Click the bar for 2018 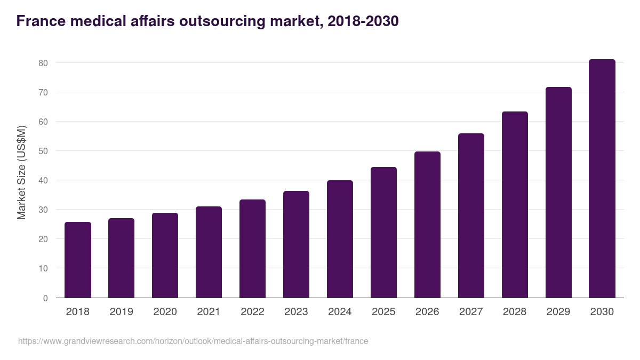tap(78, 260)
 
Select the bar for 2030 tap(602, 179)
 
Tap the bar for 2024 tap(340, 239)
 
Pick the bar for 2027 tap(471, 215)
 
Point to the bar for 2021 tap(209, 252)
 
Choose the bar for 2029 tap(558, 193)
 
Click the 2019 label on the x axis tap(122, 311)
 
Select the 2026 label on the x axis tap(427, 311)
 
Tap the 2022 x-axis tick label tap(252, 311)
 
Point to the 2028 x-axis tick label tap(515, 311)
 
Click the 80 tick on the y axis tap(43, 63)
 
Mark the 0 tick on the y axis tap(45, 298)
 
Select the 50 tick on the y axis tap(43, 151)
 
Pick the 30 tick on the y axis tap(43, 210)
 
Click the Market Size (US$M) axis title tap(21, 172)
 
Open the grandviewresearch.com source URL tap(193, 341)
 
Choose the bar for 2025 tap(383, 233)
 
